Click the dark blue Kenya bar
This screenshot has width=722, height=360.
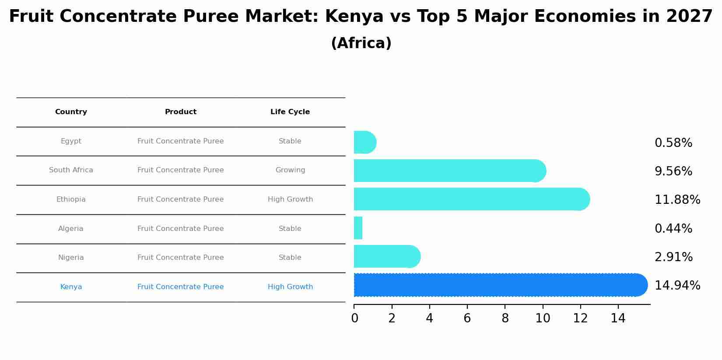(x=499, y=285)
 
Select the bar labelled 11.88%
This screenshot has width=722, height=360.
(x=470, y=199)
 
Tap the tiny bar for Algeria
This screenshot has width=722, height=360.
(x=358, y=228)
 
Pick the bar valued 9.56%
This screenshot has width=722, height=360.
(x=449, y=171)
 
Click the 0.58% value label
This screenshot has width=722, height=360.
(x=673, y=143)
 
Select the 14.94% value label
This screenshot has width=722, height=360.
(x=677, y=286)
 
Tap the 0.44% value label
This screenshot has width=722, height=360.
(x=673, y=229)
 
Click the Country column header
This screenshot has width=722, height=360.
(x=71, y=112)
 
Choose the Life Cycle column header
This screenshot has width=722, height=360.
(x=290, y=112)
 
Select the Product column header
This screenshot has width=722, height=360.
(x=180, y=112)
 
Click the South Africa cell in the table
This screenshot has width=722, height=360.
(x=71, y=170)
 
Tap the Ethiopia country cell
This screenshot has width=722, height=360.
(x=71, y=199)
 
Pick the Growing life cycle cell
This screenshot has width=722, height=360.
(x=290, y=170)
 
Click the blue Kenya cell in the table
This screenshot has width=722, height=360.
(x=71, y=287)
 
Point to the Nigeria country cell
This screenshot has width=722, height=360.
(x=71, y=258)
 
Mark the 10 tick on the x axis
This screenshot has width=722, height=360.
(x=543, y=318)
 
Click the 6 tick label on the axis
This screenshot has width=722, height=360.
(x=467, y=318)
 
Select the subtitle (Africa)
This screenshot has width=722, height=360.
(x=361, y=43)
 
